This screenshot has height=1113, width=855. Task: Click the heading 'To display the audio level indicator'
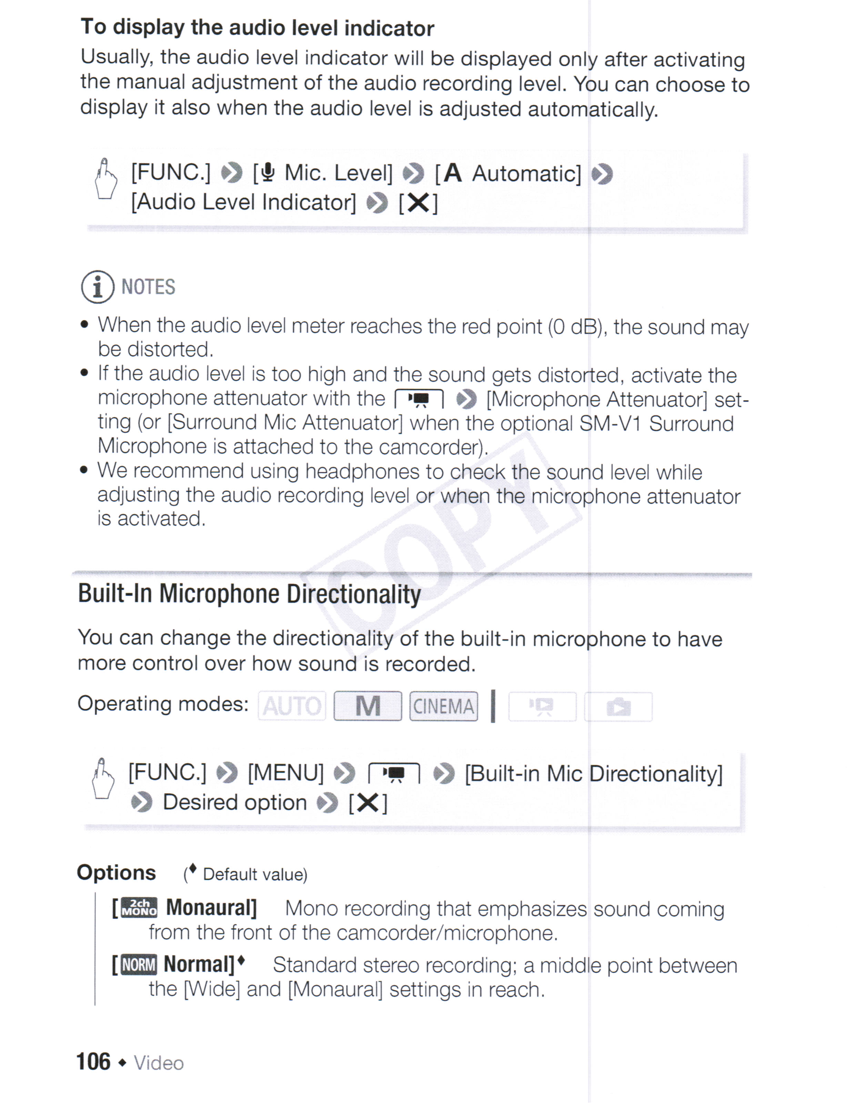(257, 28)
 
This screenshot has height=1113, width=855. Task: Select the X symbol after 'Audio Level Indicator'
(418, 203)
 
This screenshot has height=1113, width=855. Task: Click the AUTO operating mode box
(292, 706)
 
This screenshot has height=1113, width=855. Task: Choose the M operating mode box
(368, 706)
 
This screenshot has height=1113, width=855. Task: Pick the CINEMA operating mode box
(443, 706)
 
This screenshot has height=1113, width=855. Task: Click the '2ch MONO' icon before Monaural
(139, 908)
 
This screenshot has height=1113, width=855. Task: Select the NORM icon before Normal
(139, 964)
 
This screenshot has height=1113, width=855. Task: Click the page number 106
(93, 1062)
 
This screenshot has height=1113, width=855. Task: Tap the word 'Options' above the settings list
(116, 872)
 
